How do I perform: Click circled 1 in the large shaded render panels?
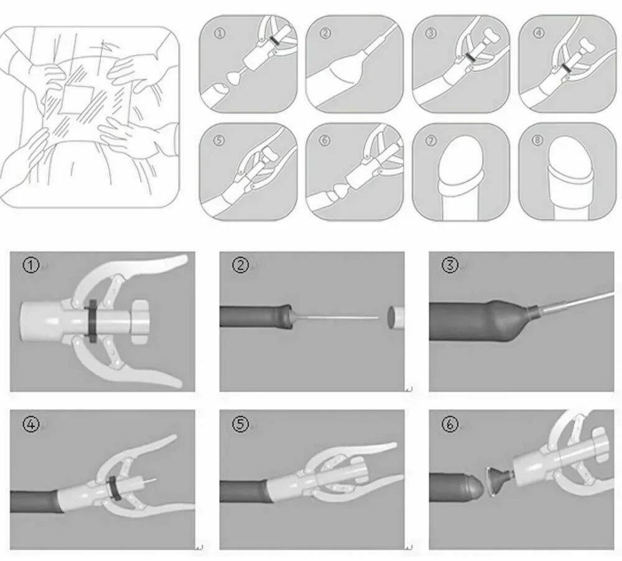pos(30,266)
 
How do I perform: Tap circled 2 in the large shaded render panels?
pos(241,266)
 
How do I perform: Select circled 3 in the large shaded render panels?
pos(450,266)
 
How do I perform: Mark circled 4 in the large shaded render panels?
pos(30,424)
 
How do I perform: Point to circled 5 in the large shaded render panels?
pos(241,424)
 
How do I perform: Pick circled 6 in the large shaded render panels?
pos(450,424)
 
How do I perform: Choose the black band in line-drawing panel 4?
pos(565,67)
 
